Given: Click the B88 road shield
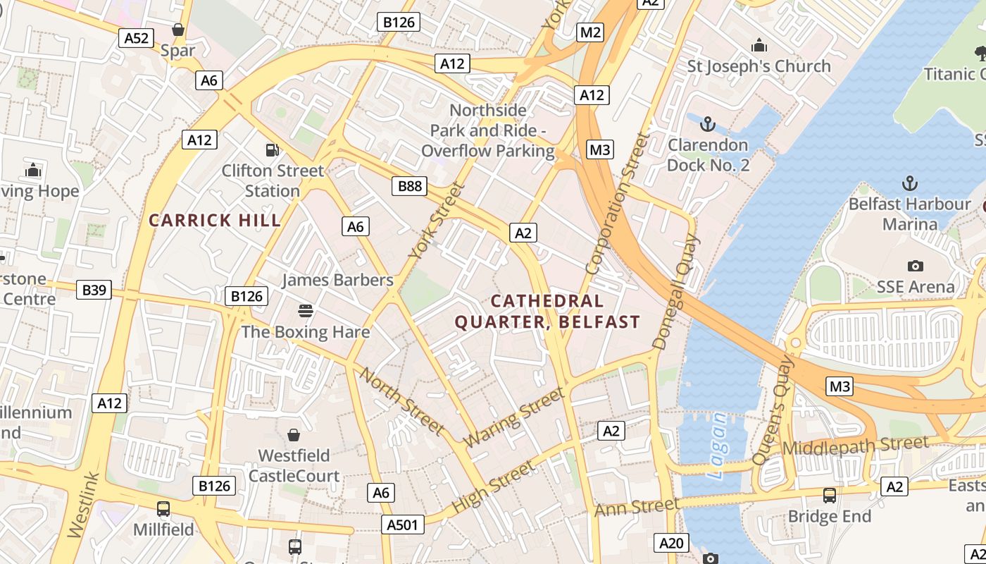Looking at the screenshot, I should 410,186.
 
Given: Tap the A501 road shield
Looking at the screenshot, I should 404,524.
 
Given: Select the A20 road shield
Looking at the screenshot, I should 670,543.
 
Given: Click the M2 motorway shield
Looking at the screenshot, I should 590,32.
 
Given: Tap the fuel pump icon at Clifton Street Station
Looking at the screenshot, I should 273,149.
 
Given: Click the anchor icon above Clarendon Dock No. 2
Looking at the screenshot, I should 707,125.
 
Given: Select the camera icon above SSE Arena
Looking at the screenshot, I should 915,266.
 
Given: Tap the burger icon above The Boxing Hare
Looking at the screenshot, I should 306,311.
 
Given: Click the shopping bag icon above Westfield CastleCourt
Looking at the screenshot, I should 294,435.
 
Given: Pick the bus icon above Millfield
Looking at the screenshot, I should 163,508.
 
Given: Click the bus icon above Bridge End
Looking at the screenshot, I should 830,495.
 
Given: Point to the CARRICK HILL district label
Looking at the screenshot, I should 215,220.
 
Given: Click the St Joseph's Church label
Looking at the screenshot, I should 759,66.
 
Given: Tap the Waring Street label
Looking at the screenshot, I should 516,417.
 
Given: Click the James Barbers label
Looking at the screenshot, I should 337,280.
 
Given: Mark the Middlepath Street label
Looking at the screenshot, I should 856,446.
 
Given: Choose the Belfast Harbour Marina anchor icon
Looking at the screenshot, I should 910,183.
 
